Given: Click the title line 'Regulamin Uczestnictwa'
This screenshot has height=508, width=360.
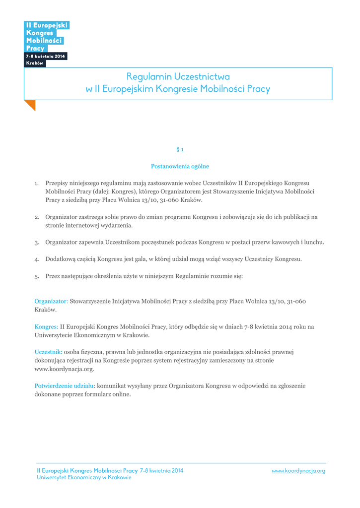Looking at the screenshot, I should [178, 77].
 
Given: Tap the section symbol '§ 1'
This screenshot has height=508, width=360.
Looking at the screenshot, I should [180, 149].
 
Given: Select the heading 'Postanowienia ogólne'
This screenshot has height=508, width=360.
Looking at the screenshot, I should [180, 166].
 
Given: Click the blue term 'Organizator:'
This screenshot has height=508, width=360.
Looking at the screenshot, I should [51, 301].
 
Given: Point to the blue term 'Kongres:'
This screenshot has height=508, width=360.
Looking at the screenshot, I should [47, 327].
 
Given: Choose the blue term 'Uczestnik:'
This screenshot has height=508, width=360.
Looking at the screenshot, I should [48, 352].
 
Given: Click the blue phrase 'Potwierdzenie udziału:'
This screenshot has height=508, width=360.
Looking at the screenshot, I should [65, 386].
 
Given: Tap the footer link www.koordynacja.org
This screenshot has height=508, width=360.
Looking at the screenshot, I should [298, 471].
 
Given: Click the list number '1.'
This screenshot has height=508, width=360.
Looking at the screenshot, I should [37, 184].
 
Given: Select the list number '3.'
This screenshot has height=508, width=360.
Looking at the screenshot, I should [37, 243].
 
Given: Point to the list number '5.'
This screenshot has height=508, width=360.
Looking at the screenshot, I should [37, 276].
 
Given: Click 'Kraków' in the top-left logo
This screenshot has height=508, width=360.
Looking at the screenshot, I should [35, 63].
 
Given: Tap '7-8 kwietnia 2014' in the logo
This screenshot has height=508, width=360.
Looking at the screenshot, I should [46, 57].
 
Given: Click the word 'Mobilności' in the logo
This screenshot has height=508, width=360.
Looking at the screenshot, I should [44, 41].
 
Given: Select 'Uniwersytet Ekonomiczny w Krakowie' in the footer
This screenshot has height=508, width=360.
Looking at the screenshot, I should [84, 477].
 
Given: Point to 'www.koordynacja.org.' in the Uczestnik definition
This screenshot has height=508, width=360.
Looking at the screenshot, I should [64, 369].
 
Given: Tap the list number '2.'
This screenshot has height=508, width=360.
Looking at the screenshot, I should [37, 217].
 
